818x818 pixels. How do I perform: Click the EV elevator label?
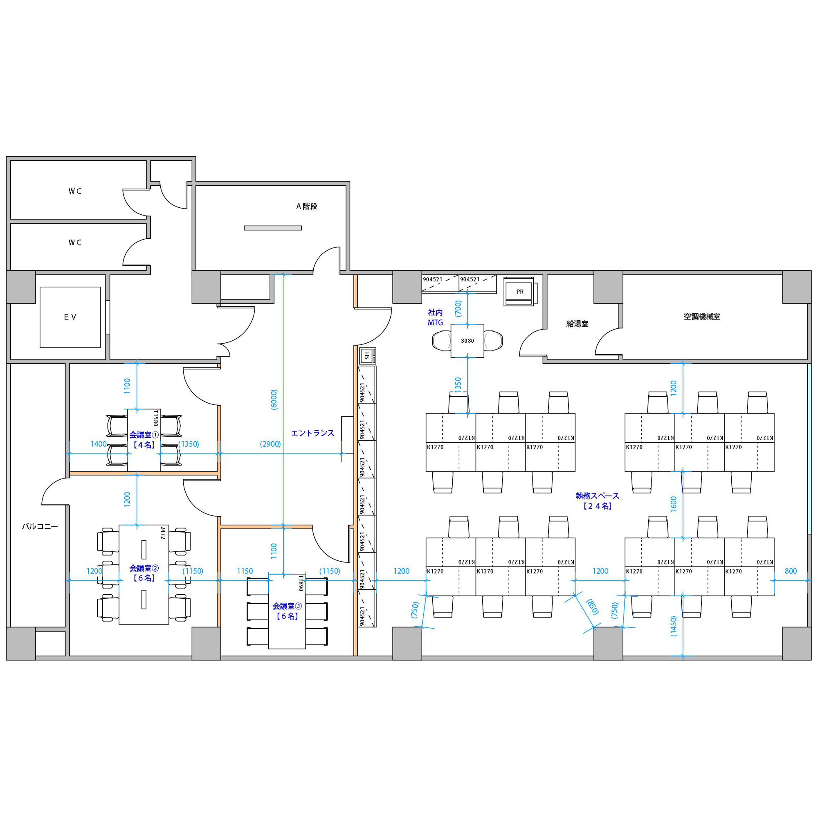point(70,317)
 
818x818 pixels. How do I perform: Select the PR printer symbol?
point(519,291)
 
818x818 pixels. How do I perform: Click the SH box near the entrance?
point(367,356)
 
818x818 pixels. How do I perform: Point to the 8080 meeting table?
point(467,341)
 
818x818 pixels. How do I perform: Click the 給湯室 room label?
point(577,324)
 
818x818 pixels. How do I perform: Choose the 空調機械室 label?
point(701,316)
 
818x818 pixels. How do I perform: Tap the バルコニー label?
point(40,526)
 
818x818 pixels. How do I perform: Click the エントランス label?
point(312,433)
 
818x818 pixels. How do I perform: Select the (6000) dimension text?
point(274,399)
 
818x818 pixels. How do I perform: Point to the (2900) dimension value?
point(270,444)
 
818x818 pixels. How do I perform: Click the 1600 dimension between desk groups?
point(674,504)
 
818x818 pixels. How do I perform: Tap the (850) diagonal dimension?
point(592,607)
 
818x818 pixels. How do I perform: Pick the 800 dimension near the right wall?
point(791,571)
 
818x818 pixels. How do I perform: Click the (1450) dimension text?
point(674,626)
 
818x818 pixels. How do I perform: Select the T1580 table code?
point(155,418)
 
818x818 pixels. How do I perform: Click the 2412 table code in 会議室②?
point(163,533)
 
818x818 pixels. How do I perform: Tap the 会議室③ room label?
point(287,606)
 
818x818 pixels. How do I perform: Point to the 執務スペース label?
point(598,495)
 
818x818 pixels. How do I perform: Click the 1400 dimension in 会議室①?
point(98,444)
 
